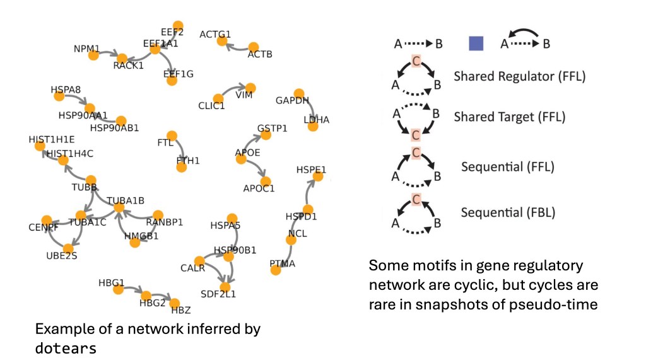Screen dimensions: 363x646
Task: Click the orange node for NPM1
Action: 93,55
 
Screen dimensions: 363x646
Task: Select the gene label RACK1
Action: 129,65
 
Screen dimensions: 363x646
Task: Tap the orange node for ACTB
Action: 254,47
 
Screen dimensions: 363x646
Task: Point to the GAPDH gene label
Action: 292,101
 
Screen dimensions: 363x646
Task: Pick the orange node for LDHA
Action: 313,127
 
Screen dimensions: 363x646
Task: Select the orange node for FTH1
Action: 182,168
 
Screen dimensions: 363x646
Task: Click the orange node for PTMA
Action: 276,270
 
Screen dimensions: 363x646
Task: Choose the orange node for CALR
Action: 200,261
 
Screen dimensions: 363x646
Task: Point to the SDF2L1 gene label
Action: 218,293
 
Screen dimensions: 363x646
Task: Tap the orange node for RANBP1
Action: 158,215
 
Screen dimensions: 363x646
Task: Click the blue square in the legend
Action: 476,43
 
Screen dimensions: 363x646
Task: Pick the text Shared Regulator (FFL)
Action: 519,77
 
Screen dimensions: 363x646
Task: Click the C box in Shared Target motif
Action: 416,134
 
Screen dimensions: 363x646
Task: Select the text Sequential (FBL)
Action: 508,212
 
